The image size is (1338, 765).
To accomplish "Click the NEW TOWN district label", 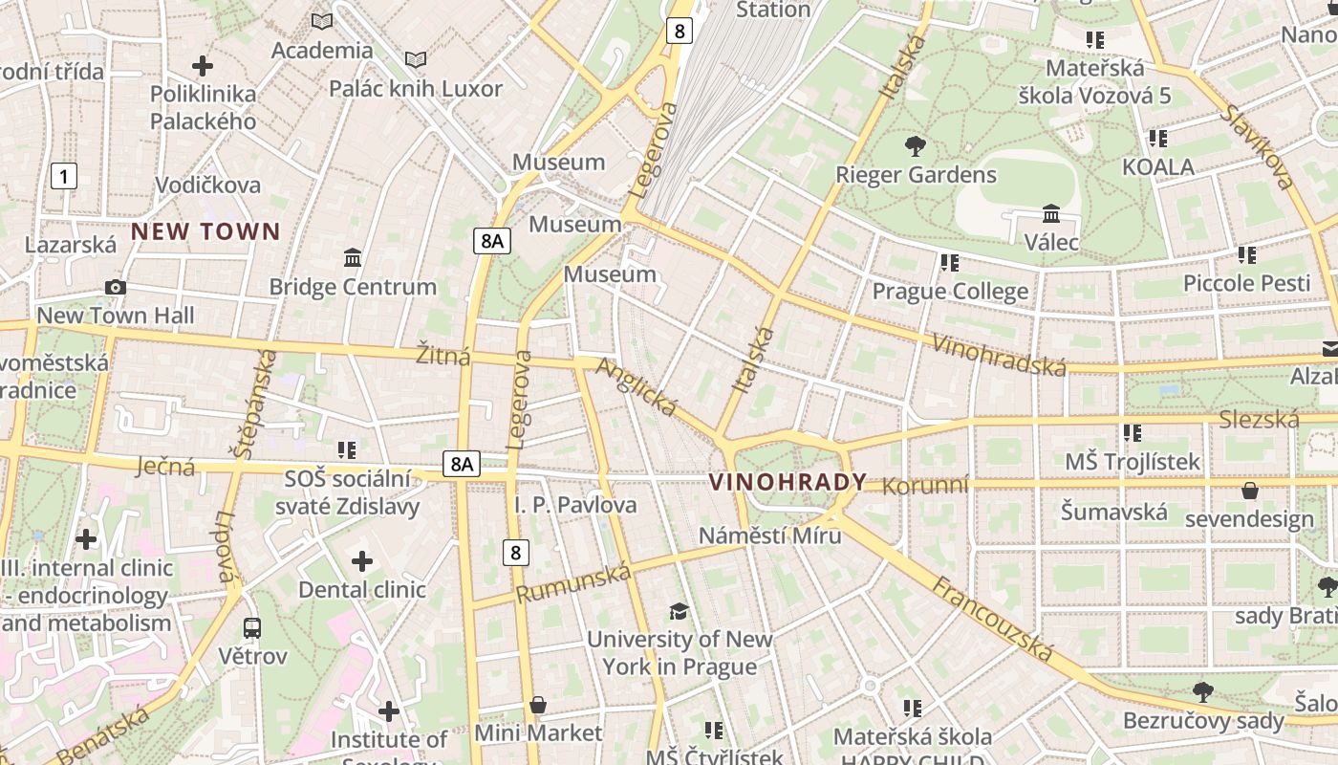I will click(x=205, y=231).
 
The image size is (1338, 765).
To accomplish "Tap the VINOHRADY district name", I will click(x=788, y=482).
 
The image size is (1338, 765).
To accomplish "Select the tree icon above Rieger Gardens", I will click(x=915, y=146).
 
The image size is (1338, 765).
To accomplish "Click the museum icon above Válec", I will click(x=1051, y=213).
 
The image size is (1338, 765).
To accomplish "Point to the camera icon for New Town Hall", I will click(x=116, y=287).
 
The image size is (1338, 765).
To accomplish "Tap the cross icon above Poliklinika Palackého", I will click(x=203, y=66).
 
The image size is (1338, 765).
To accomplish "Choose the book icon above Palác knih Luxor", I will click(x=415, y=60).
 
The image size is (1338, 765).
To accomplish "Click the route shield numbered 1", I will click(x=63, y=176).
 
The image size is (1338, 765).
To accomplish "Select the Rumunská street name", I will click(x=574, y=582).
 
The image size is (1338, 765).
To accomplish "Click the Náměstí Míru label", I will click(x=769, y=535).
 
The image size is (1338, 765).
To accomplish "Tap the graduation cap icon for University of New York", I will click(x=679, y=611).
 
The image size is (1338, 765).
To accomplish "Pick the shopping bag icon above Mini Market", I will click(x=539, y=706).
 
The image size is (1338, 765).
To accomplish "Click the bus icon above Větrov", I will click(x=252, y=628).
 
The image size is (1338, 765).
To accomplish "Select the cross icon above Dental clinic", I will click(x=362, y=561).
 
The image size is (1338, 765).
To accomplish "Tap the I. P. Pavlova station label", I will click(x=575, y=505).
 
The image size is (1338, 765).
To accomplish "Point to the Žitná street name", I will click(x=443, y=356).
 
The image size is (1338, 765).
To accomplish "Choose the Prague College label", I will click(x=950, y=291).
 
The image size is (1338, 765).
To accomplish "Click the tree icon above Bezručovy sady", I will click(x=1203, y=690).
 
